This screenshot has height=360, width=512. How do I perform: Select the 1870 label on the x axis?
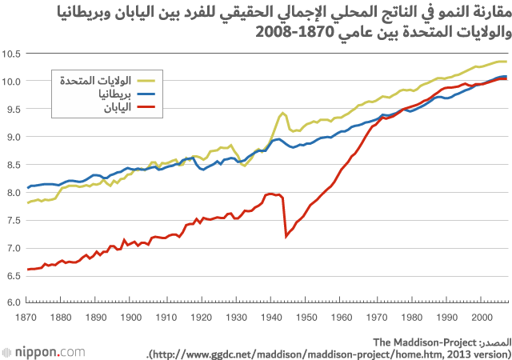point(26,318)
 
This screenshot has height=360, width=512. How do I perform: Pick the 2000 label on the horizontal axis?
point(480,318)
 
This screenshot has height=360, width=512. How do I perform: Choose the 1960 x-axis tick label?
point(340,318)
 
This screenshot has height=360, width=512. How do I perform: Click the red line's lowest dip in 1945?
point(286,236)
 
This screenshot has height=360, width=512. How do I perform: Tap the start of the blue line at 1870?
point(28,188)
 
